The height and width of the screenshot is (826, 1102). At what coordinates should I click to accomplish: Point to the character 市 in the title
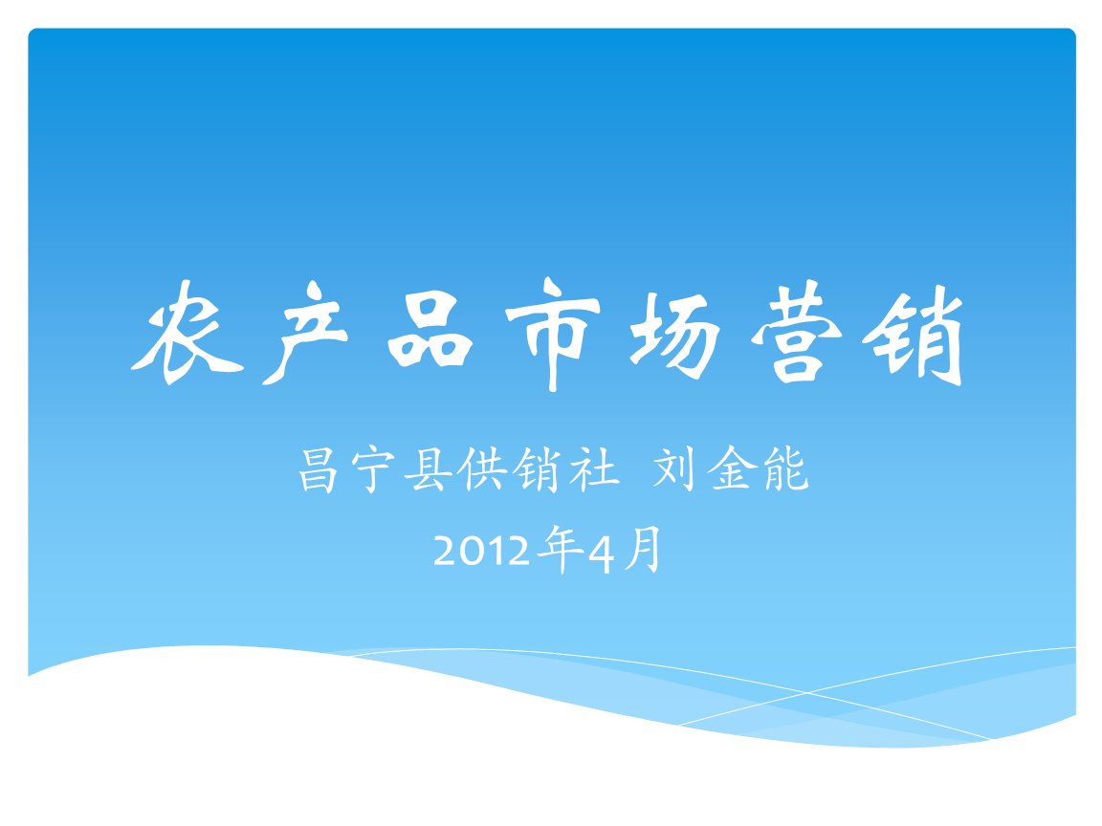(x=553, y=335)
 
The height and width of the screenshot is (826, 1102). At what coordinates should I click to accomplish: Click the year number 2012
(x=481, y=552)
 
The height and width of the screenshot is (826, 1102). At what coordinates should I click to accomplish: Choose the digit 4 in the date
(x=600, y=552)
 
